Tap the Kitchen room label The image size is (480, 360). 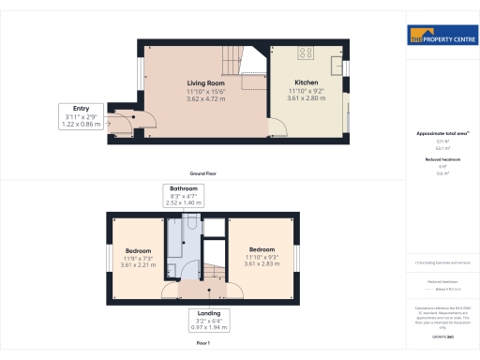click(x=307, y=83)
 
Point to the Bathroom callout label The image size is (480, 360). click(x=184, y=195)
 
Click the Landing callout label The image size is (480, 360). click(x=209, y=320)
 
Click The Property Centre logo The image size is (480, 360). click(x=441, y=38)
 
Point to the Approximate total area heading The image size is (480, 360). click(x=442, y=134)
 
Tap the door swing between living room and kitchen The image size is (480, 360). click(x=278, y=128)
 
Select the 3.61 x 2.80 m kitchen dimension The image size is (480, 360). click(x=307, y=98)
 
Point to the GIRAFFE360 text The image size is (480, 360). click(x=442, y=335)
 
